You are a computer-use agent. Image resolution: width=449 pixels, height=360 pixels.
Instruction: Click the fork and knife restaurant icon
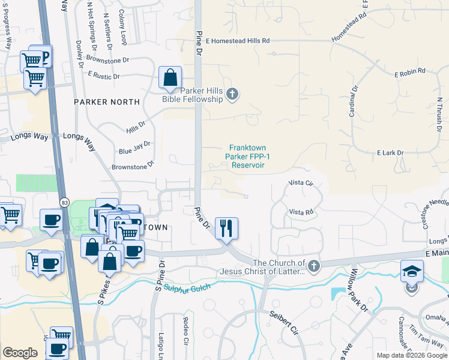click(226, 228)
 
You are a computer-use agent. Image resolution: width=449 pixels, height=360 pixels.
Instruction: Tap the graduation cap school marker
click(412, 271)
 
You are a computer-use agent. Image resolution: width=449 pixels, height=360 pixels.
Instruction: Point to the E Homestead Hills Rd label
click(238, 41)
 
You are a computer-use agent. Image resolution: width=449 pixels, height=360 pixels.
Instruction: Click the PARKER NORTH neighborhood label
click(107, 102)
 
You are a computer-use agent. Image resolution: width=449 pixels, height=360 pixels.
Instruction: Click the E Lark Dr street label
click(390, 153)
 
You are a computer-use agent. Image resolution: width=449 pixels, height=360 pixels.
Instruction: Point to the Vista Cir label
click(301, 182)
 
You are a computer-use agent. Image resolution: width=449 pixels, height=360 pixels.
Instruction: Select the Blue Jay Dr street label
click(134, 148)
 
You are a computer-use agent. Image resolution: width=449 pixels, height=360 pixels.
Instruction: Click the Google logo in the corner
click(20, 353)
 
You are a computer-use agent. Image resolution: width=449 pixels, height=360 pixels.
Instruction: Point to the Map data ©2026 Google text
click(411, 355)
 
